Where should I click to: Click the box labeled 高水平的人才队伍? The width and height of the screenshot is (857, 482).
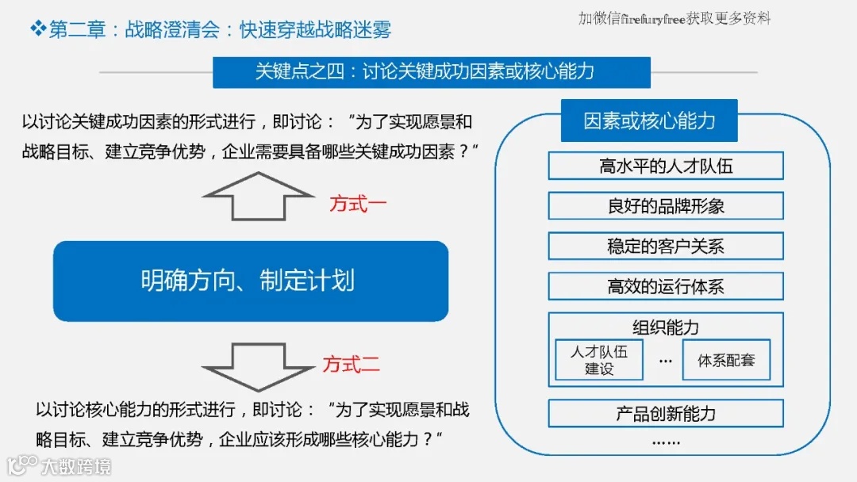(x=665, y=166)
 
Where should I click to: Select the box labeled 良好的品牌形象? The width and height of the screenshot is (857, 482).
(x=665, y=206)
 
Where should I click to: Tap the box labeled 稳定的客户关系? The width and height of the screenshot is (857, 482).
(x=665, y=246)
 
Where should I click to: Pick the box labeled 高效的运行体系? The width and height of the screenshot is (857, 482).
(x=665, y=286)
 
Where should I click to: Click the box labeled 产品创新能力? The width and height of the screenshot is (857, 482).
(x=665, y=414)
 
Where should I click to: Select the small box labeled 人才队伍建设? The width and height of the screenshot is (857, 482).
(x=599, y=360)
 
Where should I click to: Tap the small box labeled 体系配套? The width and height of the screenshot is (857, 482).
(x=726, y=360)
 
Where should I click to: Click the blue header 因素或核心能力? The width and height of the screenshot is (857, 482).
(x=649, y=120)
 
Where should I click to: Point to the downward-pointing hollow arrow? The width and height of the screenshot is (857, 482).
(x=259, y=365)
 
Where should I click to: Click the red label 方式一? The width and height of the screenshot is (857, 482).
(x=358, y=204)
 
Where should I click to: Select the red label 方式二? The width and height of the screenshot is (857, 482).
(x=351, y=365)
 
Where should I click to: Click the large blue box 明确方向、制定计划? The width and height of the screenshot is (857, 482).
(x=250, y=281)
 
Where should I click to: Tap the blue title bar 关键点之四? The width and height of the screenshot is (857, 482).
(x=431, y=72)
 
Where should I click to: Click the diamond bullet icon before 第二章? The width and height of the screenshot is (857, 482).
(x=37, y=29)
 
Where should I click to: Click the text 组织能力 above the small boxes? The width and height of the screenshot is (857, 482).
(x=665, y=327)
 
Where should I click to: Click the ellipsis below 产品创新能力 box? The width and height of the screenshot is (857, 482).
(x=665, y=442)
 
